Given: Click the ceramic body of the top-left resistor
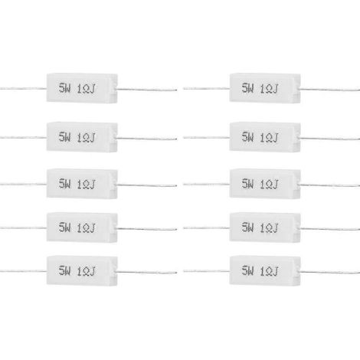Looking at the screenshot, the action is [x=82, y=88].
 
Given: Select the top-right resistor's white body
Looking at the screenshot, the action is [x=265, y=88].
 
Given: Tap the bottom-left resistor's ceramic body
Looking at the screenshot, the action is [x=82, y=270].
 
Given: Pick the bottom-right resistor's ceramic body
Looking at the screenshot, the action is [x=265, y=270].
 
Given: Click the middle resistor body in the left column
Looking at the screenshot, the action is [x=82, y=184].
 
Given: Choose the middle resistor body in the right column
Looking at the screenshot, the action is [x=265, y=184].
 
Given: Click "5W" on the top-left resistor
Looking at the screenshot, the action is [x=64, y=88].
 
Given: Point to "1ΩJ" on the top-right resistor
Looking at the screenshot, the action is [x=269, y=89].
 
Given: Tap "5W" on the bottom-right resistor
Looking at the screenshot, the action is [x=247, y=270].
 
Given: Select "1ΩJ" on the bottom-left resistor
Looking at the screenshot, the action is [x=86, y=271].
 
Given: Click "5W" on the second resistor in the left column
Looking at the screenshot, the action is [x=64, y=137].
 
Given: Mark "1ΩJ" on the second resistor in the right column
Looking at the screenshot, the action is [x=269, y=138].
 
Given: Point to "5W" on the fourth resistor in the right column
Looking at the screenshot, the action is [x=247, y=227].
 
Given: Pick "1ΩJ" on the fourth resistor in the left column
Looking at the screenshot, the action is [x=86, y=227].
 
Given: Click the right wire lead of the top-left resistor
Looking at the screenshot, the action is [x=147, y=90].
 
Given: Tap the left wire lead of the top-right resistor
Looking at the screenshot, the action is [x=206, y=89].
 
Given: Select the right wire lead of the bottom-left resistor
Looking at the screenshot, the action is [x=147, y=272].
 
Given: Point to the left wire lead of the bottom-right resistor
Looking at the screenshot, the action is [x=206, y=271].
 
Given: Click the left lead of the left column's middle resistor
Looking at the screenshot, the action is [x=23, y=184].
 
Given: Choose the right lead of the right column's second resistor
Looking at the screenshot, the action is [x=330, y=139].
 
